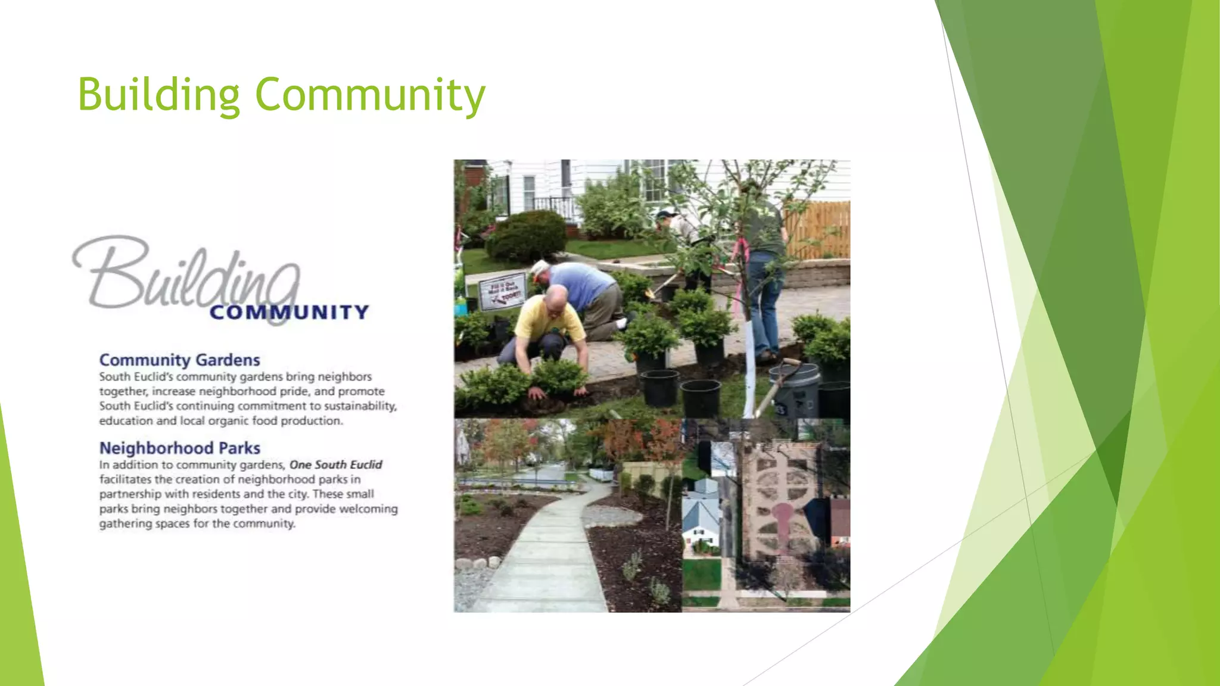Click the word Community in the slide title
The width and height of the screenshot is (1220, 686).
point(370,95)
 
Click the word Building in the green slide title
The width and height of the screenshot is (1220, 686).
point(158,95)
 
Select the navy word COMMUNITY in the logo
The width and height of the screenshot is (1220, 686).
point(290,313)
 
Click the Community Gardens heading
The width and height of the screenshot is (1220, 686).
point(179,360)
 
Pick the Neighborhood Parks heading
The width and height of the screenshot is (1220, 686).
point(179,448)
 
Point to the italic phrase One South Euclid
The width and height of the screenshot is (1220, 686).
point(335,464)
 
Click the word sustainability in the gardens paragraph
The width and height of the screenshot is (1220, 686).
point(360,406)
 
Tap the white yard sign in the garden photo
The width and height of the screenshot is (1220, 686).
point(502,291)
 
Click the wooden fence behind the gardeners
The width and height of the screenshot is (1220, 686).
point(819,229)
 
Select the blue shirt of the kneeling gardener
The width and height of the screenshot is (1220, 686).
point(581,284)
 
